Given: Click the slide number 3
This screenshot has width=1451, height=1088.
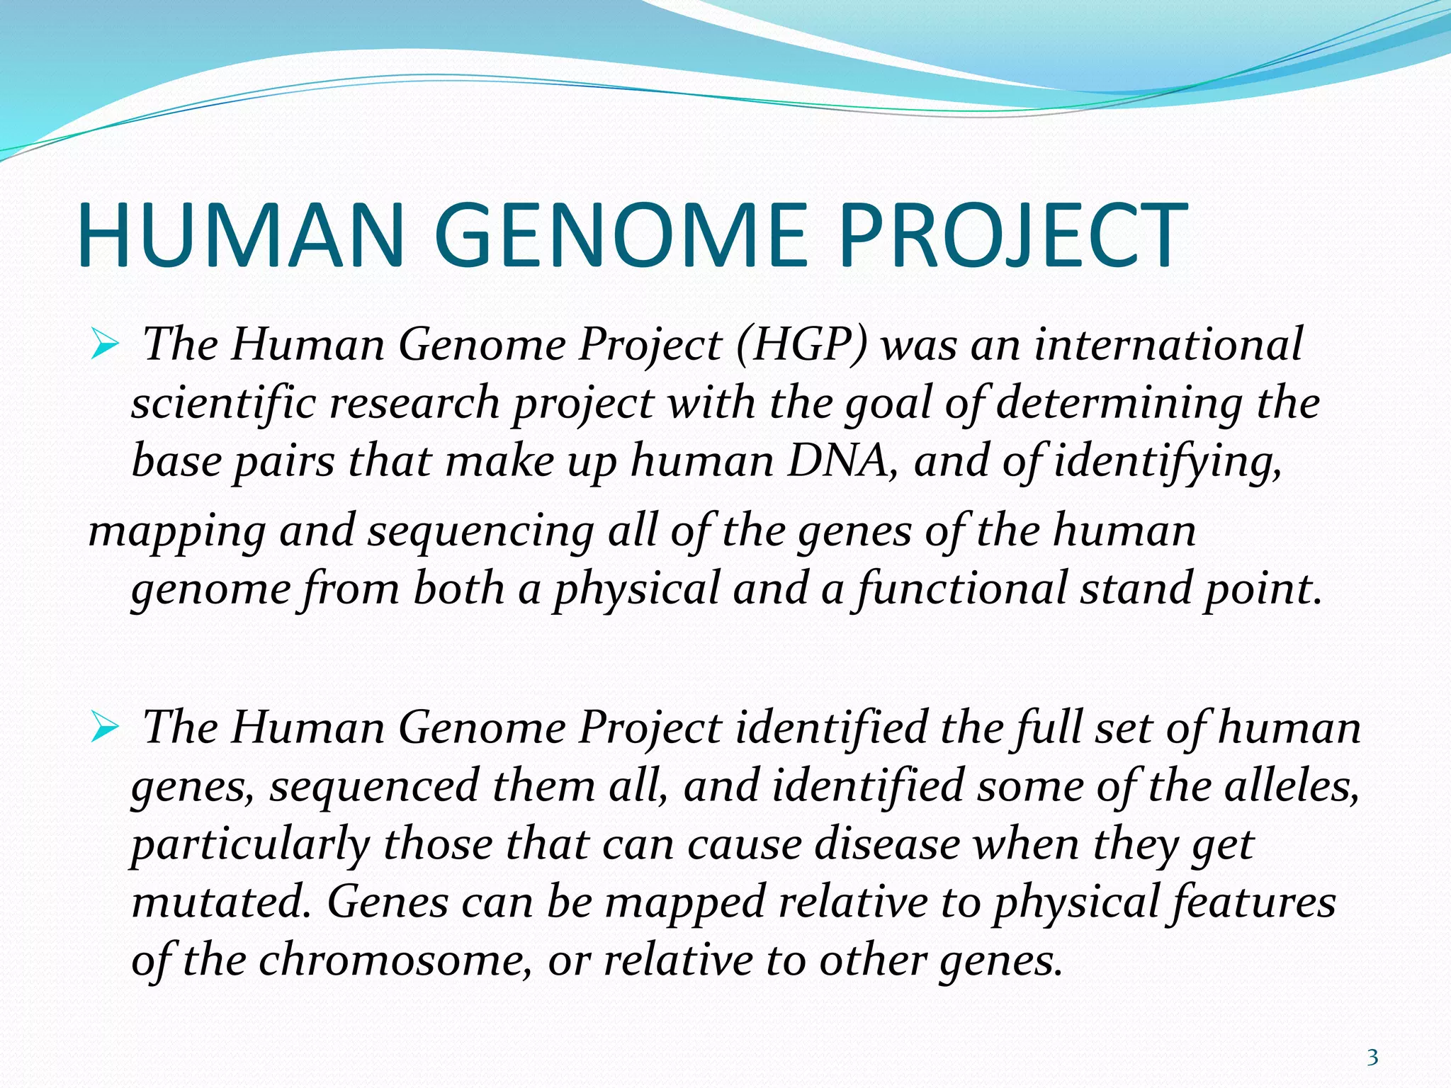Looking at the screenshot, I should (x=1372, y=1058).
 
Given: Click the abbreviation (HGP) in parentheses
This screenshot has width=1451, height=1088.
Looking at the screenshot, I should (x=801, y=346).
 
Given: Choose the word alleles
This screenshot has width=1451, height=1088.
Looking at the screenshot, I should (x=1291, y=786).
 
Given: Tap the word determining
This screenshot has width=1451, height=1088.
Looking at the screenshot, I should (x=1119, y=404).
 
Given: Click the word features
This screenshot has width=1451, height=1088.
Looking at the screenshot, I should (x=1254, y=902).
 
